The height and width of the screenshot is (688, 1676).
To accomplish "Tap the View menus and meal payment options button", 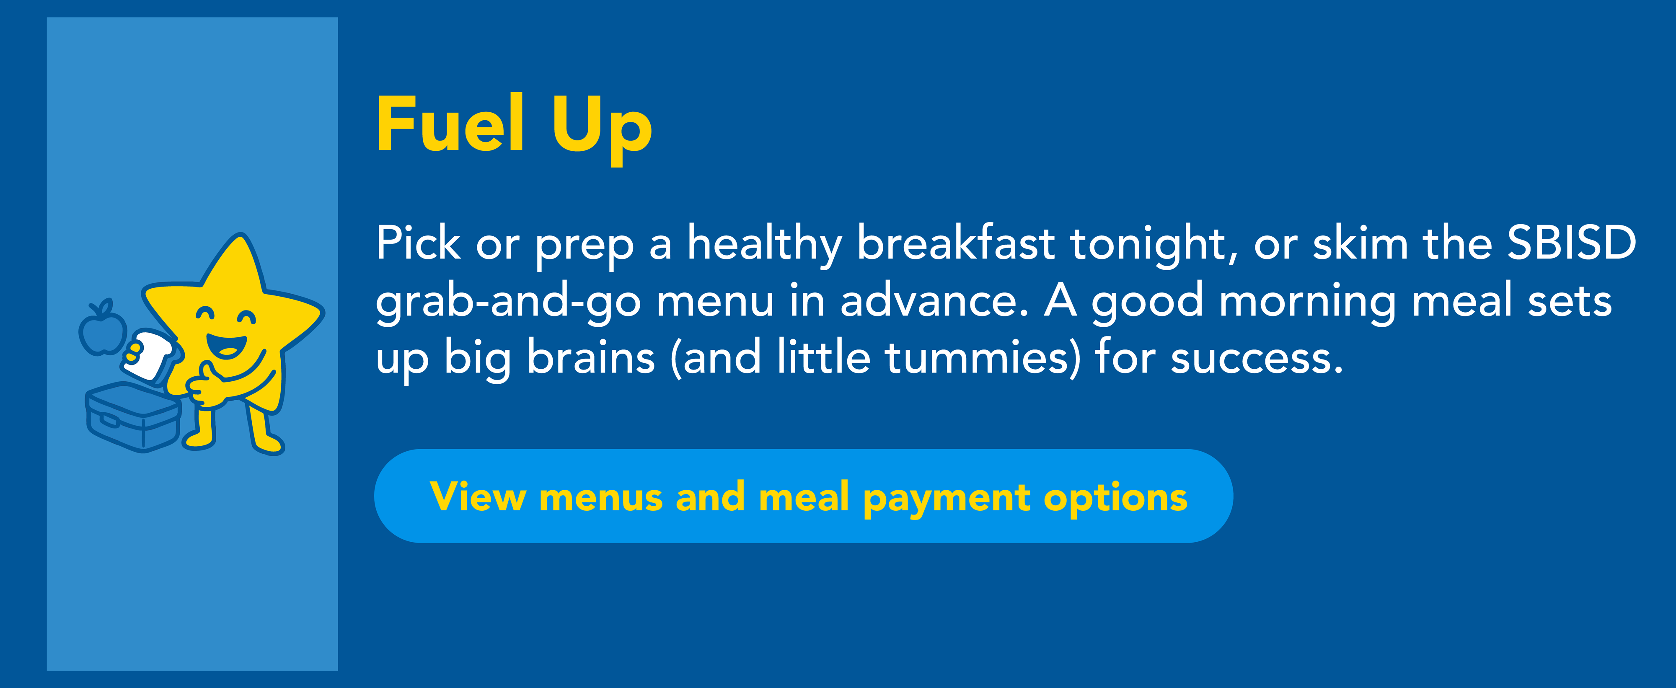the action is tap(804, 496).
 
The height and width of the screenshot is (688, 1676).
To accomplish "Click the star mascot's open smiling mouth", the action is tap(226, 344).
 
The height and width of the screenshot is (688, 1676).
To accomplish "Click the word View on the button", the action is tap(478, 496).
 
